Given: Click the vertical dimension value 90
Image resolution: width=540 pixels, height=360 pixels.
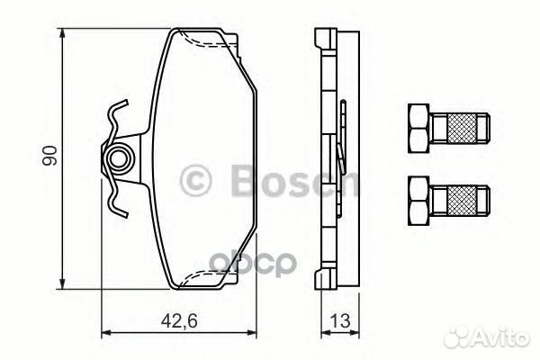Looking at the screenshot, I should pos(52,154).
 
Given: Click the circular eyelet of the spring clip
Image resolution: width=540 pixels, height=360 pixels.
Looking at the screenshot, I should pos(116,161).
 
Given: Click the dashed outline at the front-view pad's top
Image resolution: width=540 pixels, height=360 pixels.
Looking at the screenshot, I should pos(204,40).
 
